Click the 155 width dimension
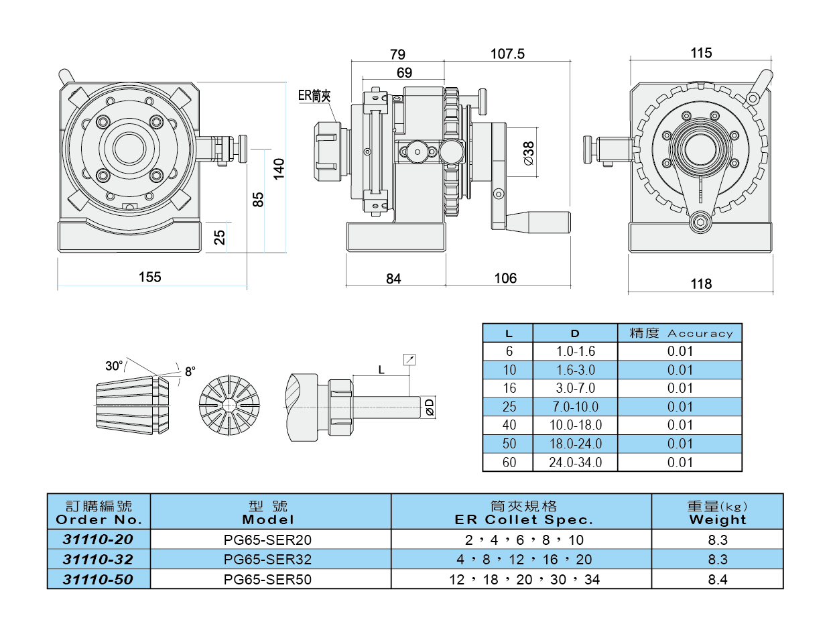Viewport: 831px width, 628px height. click(x=150, y=277)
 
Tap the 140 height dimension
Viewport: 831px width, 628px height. click(x=279, y=168)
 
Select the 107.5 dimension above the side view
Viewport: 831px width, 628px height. click(x=507, y=54)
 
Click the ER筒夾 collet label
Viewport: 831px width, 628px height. click(x=314, y=95)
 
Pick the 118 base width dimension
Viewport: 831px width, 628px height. click(x=701, y=284)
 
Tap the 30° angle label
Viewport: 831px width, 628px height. click(x=114, y=366)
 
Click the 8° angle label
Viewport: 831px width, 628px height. click(x=190, y=371)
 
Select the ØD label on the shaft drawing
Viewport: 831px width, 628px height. click(x=430, y=405)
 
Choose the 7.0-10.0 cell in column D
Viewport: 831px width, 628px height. click(x=575, y=407)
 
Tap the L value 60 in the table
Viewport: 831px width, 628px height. click(x=509, y=462)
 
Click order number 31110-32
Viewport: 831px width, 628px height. click(x=98, y=560)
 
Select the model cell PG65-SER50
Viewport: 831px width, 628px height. click(x=268, y=579)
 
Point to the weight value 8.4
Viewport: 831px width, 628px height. click(x=717, y=579)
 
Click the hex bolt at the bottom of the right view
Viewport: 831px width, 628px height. click(x=701, y=224)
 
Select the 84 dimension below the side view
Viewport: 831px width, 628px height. click(x=394, y=278)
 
